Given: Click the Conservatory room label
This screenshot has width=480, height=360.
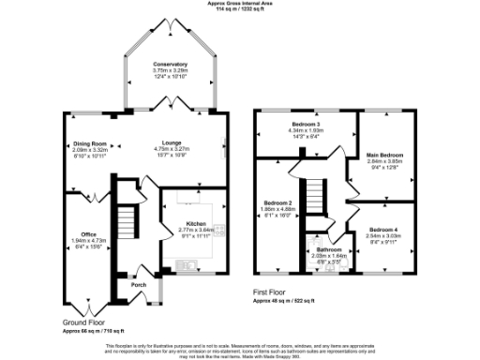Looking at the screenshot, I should pos(171,65).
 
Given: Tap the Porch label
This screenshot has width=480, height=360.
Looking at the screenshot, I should pos(138,284).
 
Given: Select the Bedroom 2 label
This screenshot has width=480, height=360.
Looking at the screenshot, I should pos(277,203).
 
